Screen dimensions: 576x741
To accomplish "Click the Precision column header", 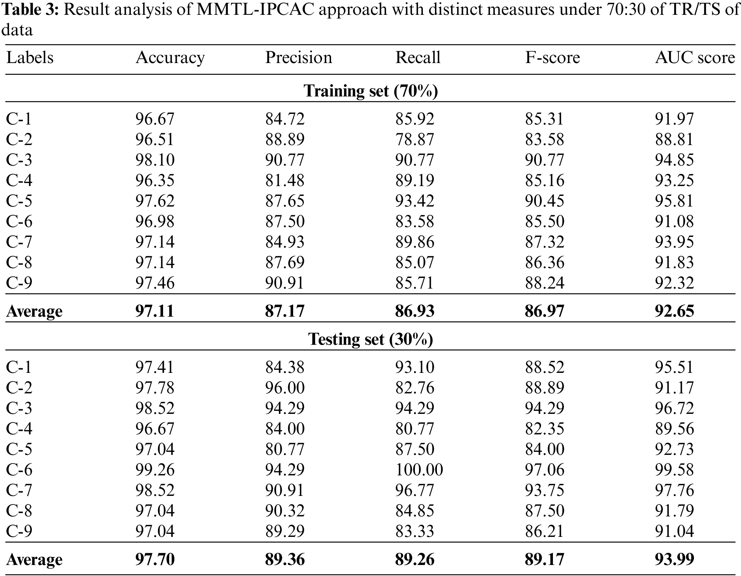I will pos(298,58).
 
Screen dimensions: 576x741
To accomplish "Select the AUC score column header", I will pos(695,58).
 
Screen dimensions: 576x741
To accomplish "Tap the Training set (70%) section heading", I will pos(370,91).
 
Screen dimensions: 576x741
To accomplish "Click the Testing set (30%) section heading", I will pos(370,339).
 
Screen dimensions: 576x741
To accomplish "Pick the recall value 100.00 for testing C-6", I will pos(419,470).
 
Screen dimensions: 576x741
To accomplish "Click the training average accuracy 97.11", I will pos(155,311).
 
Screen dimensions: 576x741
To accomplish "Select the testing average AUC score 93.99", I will pos(674,559).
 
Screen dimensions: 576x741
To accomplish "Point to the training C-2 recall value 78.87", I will pos(414,139).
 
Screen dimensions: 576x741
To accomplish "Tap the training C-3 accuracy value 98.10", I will pos(155,160).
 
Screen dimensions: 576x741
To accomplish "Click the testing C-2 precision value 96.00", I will pos(285,388).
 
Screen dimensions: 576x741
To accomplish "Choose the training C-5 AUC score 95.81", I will pos(674,201).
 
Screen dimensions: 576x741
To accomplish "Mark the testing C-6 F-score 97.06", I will pos(545,470).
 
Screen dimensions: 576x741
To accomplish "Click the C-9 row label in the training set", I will pos(19,283).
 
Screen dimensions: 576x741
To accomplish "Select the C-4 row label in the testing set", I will pos(19,429).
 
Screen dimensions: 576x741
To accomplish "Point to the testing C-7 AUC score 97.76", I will pos(674,490).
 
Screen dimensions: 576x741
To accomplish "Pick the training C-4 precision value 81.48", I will pos(285,180).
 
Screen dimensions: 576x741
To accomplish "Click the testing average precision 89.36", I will pos(285,559).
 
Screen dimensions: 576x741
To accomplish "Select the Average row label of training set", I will pos(34,311).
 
